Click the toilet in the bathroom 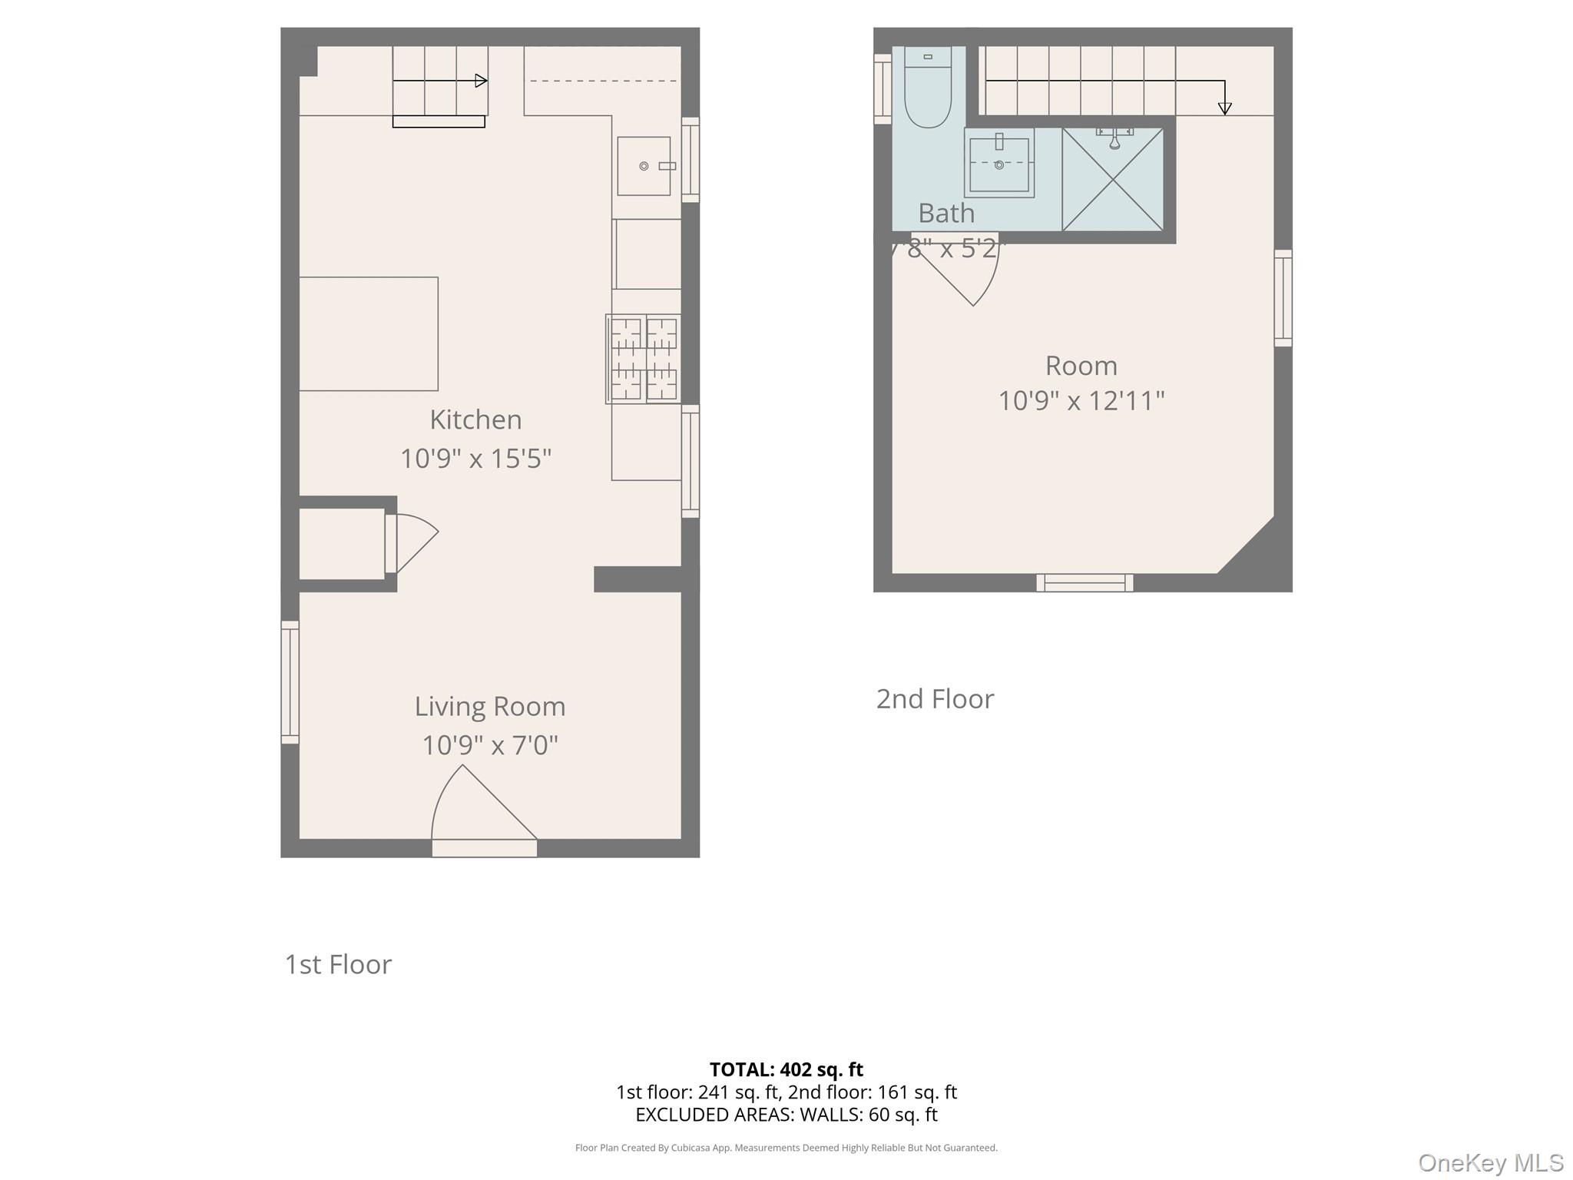tap(928, 88)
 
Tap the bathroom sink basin tap(998, 164)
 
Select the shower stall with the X tap(1113, 180)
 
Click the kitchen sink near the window tap(644, 166)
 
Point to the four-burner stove tap(644, 359)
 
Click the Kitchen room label tap(475, 419)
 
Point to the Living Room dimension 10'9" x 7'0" tap(490, 745)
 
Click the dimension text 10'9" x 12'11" tap(1081, 401)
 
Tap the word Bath tap(945, 214)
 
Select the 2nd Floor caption tap(935, 699)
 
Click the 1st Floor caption tap(338, 964)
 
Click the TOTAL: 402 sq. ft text tap(786, 1069)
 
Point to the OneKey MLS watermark tap(1490, 1163)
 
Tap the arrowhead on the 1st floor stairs tap(482, 81)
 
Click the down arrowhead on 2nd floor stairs tap(1224, 109)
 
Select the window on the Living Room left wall tap(290, 682)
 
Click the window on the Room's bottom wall tap(1085, 583)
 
